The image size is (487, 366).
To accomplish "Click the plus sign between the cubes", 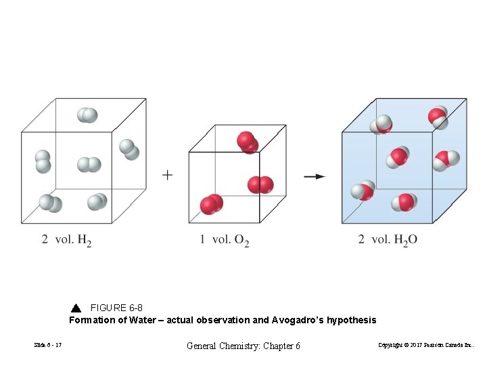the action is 167,175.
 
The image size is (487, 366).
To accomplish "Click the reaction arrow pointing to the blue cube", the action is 314,176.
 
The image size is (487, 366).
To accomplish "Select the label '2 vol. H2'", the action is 66,240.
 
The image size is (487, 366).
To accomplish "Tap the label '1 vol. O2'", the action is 225,240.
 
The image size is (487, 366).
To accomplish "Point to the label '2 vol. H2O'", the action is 388,240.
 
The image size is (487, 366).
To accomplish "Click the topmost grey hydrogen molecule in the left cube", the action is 87,115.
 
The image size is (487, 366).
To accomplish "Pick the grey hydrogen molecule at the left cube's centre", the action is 89,165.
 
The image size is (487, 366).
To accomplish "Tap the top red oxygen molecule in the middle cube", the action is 247,142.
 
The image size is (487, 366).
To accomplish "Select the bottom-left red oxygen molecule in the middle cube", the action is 212,204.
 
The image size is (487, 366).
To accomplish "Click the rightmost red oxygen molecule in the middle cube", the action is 260,184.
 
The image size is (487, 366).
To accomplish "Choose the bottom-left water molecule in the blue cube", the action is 363,191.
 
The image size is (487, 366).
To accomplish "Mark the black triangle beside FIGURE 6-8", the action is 76,308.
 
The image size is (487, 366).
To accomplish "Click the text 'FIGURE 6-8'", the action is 116,308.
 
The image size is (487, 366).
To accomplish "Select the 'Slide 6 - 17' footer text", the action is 48,346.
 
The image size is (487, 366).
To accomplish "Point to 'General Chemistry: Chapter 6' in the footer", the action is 243,346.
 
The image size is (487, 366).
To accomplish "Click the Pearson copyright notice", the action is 426,346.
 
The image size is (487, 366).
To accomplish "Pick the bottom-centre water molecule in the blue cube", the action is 404,202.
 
